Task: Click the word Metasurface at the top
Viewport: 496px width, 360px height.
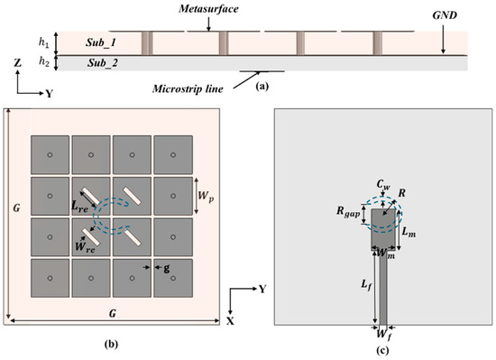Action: [x=208, y=9]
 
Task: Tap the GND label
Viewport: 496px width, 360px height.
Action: [x=445, y=15]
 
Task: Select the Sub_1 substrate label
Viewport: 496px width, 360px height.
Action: [x=101, y=42]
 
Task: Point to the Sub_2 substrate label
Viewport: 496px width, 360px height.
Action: [x=103, y=63]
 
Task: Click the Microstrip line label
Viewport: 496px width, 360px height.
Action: [x=188, y=89]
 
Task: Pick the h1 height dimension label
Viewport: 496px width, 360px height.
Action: [x=43, y=42]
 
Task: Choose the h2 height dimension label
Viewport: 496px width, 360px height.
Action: [x=44, y=62]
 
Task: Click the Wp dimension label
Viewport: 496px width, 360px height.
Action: [x=206, y=196]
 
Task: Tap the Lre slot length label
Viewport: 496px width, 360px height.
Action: [x=79, y=207]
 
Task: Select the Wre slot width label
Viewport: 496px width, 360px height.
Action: [x=85, y=247]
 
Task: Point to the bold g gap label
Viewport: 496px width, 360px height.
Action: [x=167, y=269]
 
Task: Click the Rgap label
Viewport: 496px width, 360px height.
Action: [x=348, y=212]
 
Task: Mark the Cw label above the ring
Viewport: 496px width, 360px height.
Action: [x=383, y=184]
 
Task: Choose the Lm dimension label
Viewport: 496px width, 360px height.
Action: [x=409, y=232]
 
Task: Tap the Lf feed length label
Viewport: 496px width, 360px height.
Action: [x=366, y=285]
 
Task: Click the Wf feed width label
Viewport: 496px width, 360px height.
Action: [x=384, y=336]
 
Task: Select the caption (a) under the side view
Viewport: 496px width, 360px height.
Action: [x=262, y=86]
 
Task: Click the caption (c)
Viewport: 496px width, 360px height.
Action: [x=382, y=350]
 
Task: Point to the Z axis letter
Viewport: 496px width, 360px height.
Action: [x=18, y=63]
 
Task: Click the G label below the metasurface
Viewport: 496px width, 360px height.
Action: [x=113, y=313]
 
